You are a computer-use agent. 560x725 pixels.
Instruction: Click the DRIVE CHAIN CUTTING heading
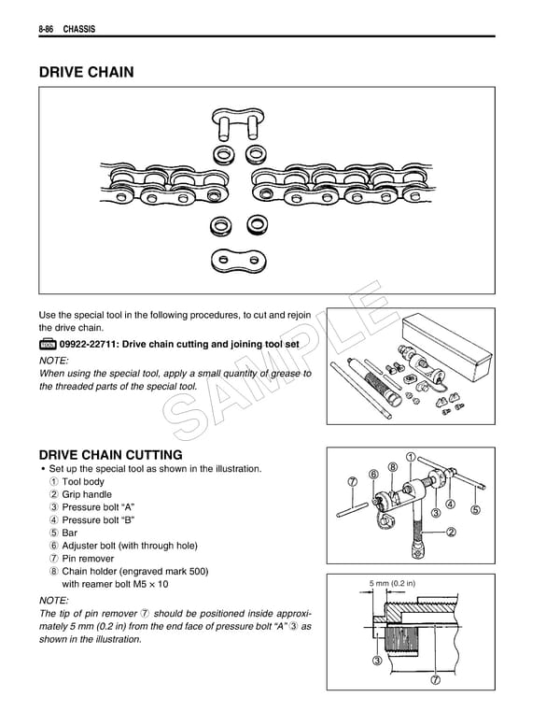(x=110, y=455)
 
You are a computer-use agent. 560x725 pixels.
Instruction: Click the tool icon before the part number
(x=48, y=345)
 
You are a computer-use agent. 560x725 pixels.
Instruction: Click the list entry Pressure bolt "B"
(x=97, y=519)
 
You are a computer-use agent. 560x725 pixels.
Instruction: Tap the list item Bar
(x=69, y=533)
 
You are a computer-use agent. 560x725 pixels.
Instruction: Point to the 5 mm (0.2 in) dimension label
(x=391, y=586)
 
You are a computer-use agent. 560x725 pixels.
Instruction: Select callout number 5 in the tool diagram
(x=475, y=510)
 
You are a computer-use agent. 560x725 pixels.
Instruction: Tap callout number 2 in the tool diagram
(x=451, y=533)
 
